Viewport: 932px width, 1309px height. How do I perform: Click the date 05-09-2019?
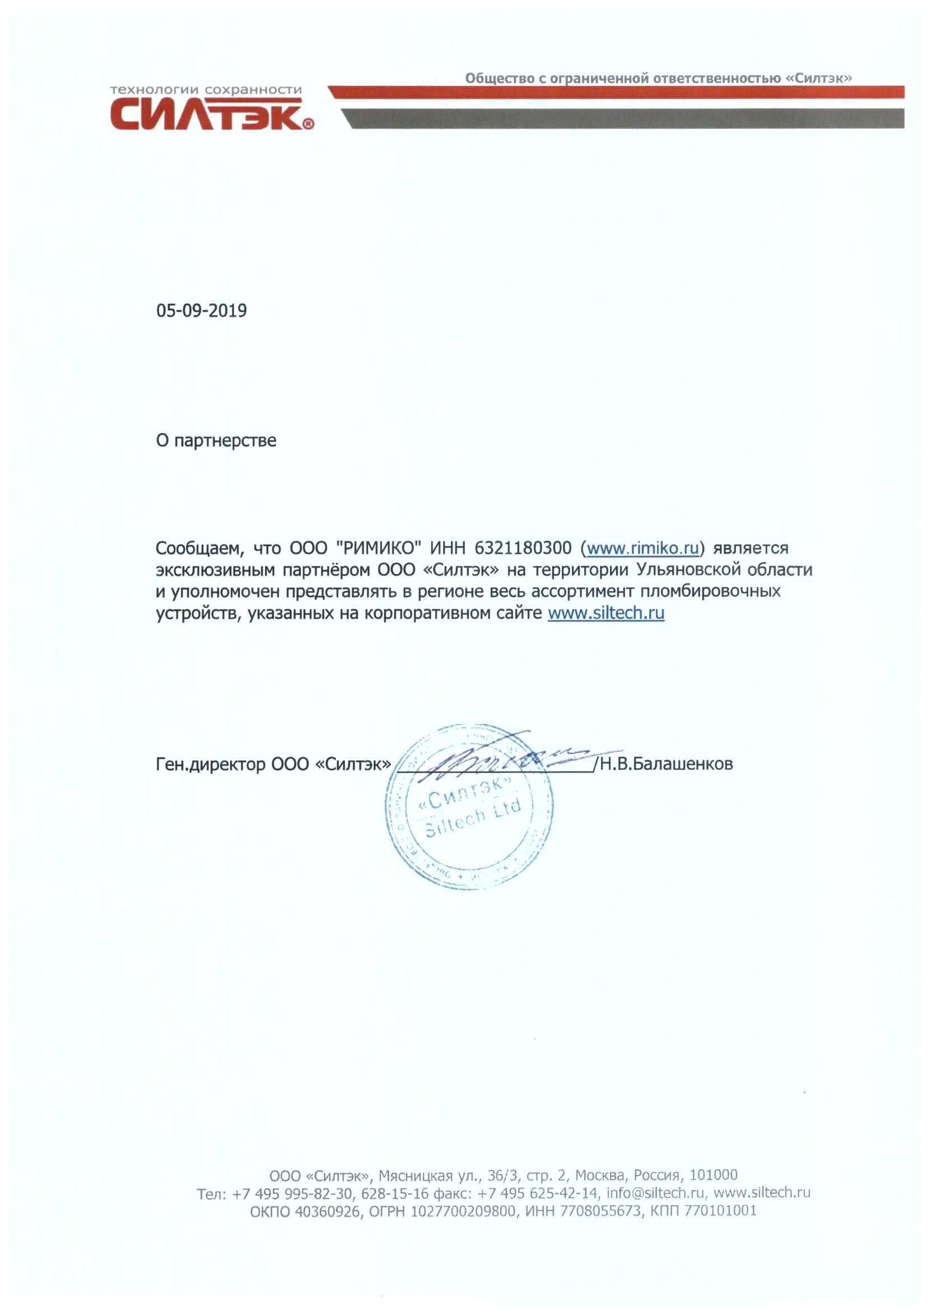click(202, 311)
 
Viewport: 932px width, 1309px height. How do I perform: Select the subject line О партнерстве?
click(216, 441)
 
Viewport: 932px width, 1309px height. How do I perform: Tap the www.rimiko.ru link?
click(642, 548)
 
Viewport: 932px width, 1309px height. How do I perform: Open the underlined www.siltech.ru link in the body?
click(605, 613)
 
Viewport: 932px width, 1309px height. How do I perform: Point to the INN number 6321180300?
click(523, 548)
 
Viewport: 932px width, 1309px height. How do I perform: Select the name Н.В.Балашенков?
click(667, 765)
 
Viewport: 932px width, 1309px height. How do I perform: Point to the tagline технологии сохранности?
click(206, 90)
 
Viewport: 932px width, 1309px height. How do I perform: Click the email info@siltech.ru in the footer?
click(655, 1193)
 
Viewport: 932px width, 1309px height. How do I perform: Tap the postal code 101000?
click(714, 1175)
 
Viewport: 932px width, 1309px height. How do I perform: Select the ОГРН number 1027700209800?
click(463, 1211)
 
